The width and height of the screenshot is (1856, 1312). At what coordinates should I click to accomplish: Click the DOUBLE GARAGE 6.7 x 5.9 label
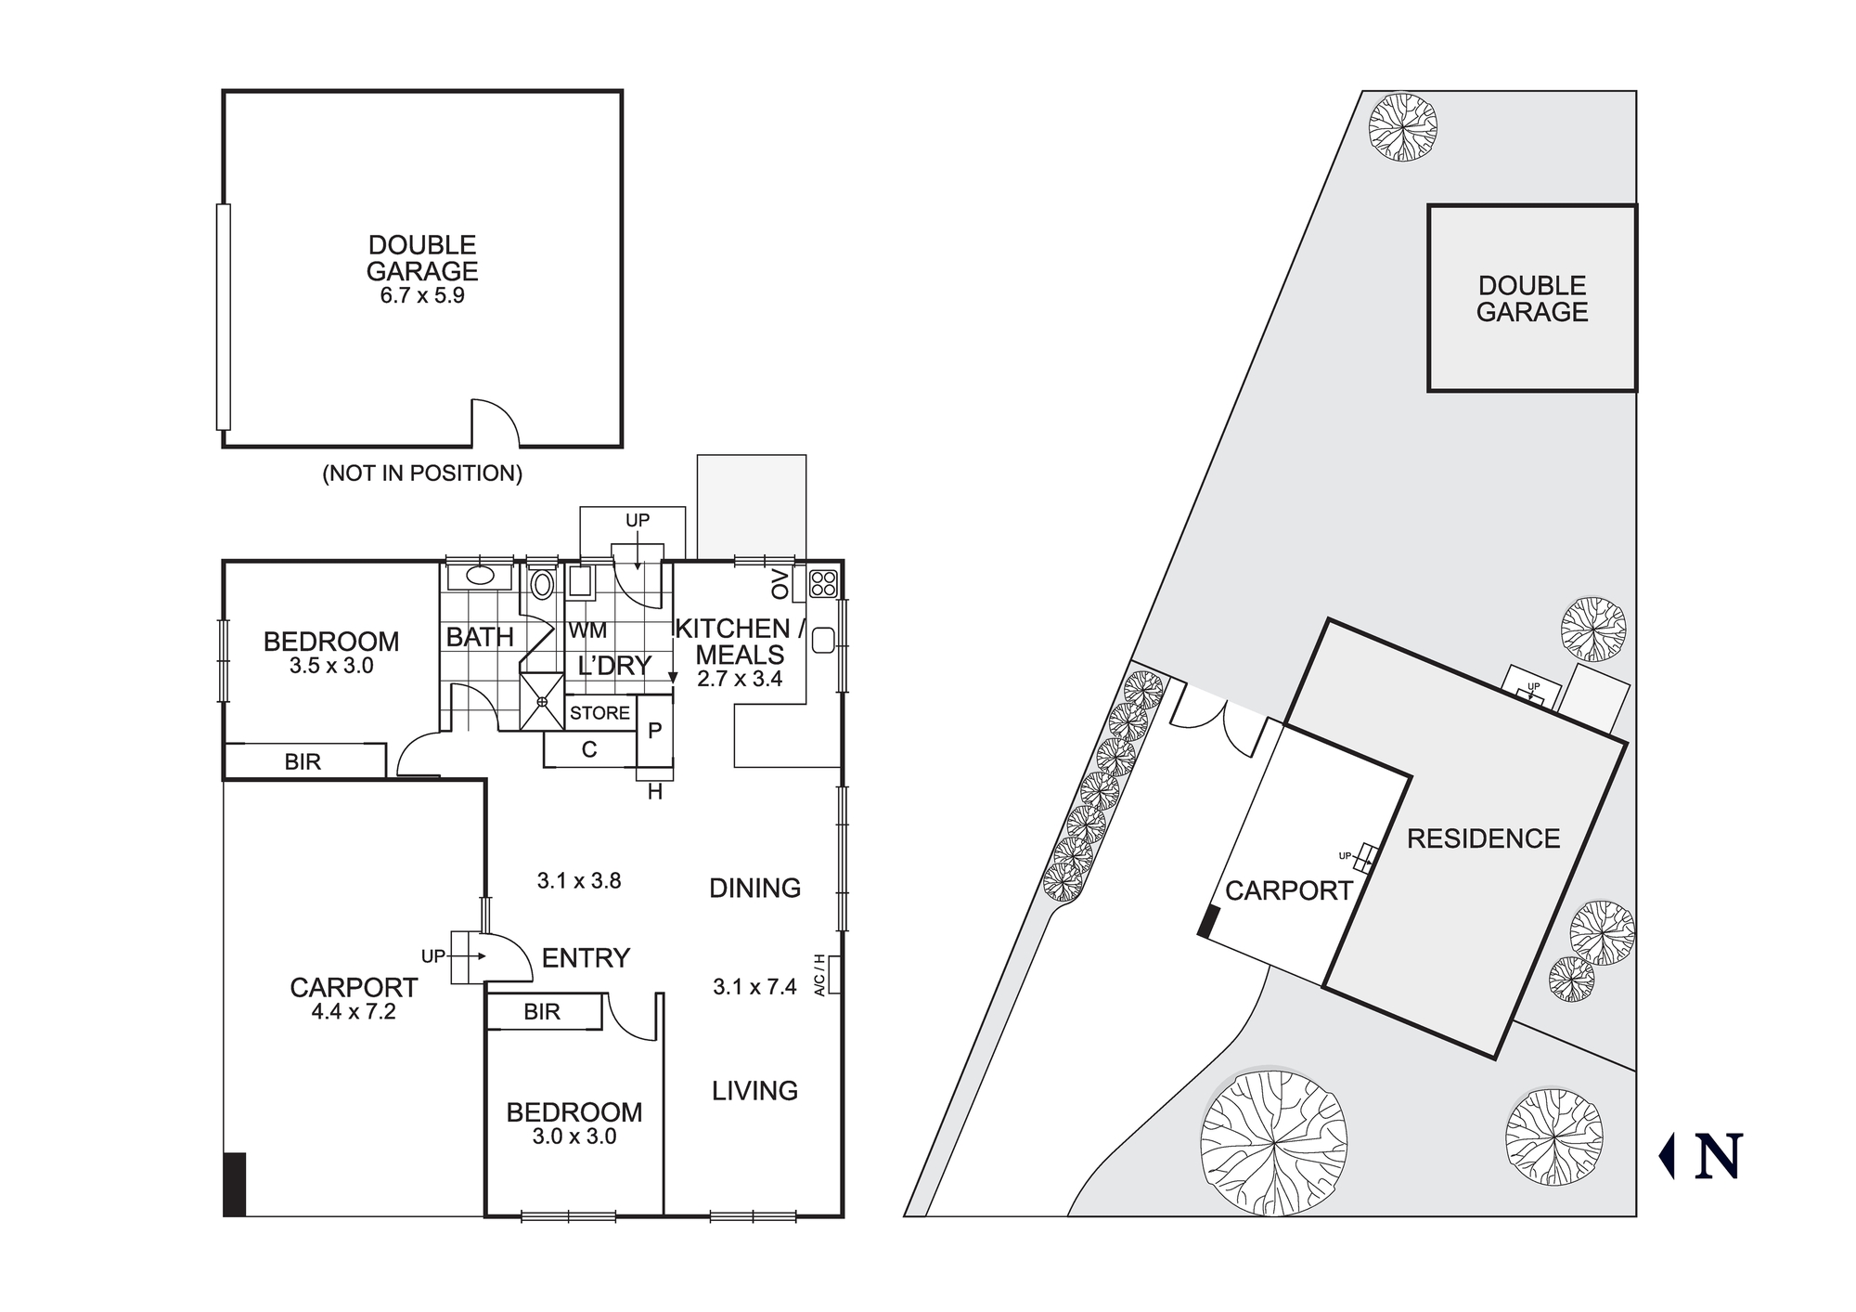tap(422, 269)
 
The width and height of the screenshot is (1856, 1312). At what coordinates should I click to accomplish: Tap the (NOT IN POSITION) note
tap(422, 474)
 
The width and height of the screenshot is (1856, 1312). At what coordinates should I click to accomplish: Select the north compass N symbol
tap(1717, 1156)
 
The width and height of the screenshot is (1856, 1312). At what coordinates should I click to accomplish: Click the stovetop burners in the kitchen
tap(823, 583)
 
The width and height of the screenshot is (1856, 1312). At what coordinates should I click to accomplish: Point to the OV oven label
tap(780, 585)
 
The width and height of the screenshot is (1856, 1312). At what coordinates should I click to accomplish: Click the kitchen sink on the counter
tap(822, 640)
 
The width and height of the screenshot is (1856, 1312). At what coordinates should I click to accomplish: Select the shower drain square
tap(542, 702)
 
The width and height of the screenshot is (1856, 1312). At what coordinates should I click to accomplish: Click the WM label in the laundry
tap(587, 631)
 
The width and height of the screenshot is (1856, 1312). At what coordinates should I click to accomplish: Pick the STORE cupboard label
tap(599, 713)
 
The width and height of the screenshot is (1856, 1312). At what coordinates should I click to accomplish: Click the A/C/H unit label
tap(819, 975)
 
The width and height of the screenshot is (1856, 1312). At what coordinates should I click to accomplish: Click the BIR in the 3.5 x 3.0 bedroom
tap(303, 762)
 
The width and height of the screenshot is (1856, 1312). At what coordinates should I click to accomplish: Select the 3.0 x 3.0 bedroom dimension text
tap(574, 1137)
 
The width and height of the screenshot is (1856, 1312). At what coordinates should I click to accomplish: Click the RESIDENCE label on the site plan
tap(1483, 839)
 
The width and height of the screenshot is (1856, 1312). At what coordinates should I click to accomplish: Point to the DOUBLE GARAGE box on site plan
tap(1532, 298)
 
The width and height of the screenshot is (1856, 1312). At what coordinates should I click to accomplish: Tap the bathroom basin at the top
tap(480, 576)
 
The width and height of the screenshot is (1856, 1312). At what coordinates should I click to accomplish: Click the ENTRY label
tap(586, 958)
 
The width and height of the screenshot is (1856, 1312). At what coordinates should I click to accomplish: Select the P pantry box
tap(654, 732)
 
